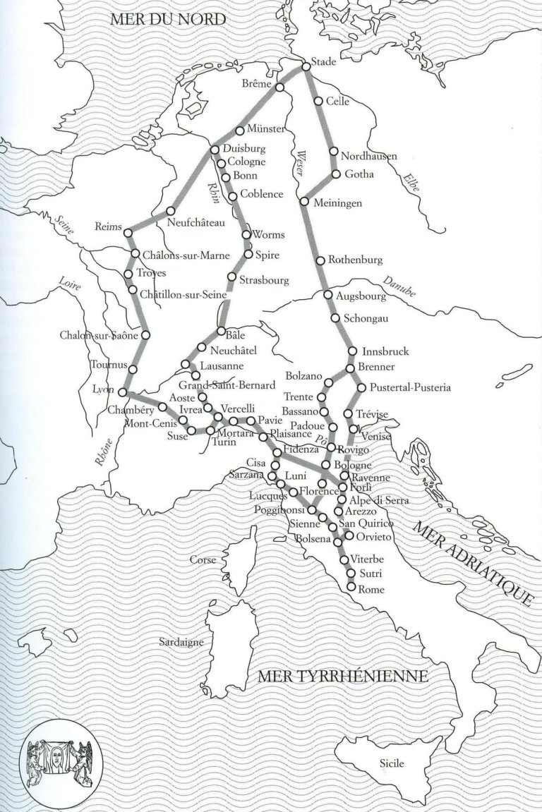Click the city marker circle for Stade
[x=306, y=66]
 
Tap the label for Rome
[x=371, y=588]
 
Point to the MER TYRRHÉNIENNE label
[x=343, y=677]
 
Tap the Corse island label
[x=202, y=559]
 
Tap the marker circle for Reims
[x=127, y=231]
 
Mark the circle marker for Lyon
[x=122, y=392]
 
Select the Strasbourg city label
[x=264, y=280]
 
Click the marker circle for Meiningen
[x=303, y=202]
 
